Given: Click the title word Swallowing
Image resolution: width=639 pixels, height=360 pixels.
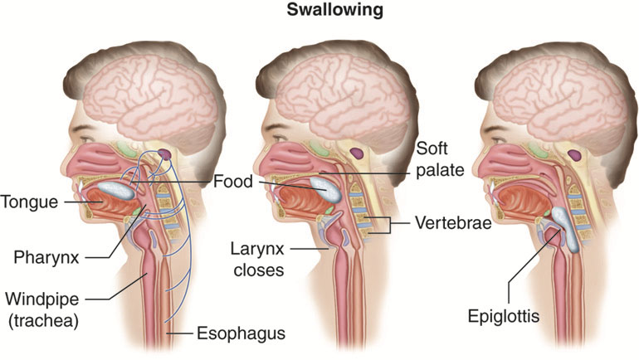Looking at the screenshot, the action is point(334,11).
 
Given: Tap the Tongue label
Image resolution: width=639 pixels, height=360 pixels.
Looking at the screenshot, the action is point(29,202).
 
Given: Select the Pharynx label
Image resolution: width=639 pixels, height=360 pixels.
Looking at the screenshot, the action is point(46,257).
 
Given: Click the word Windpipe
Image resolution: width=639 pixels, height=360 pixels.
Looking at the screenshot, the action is point(42,299).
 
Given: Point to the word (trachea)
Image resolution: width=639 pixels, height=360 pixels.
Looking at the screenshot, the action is point(43,320).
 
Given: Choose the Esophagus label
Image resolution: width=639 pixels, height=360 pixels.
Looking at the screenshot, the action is point(241,333).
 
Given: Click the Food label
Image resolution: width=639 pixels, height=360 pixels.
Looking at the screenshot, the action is point(233,182).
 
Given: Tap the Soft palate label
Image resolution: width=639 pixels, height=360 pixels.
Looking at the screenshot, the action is point(440,159).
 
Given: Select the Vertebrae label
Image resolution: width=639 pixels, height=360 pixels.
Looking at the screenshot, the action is point(453,223).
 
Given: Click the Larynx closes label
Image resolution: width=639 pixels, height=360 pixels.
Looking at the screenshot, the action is point(257,260).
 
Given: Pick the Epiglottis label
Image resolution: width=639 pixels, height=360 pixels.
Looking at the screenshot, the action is point(503,316).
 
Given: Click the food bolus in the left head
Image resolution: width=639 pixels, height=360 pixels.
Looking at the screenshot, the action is point(116,190).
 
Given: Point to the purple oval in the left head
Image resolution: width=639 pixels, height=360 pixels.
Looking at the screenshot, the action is point(165,154).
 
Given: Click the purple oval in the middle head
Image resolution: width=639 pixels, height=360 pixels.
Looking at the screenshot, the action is point(357,153).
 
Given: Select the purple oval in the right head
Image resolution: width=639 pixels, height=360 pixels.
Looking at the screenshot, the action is point(574,155).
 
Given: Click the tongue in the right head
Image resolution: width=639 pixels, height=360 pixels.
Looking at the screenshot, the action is point(523,201).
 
